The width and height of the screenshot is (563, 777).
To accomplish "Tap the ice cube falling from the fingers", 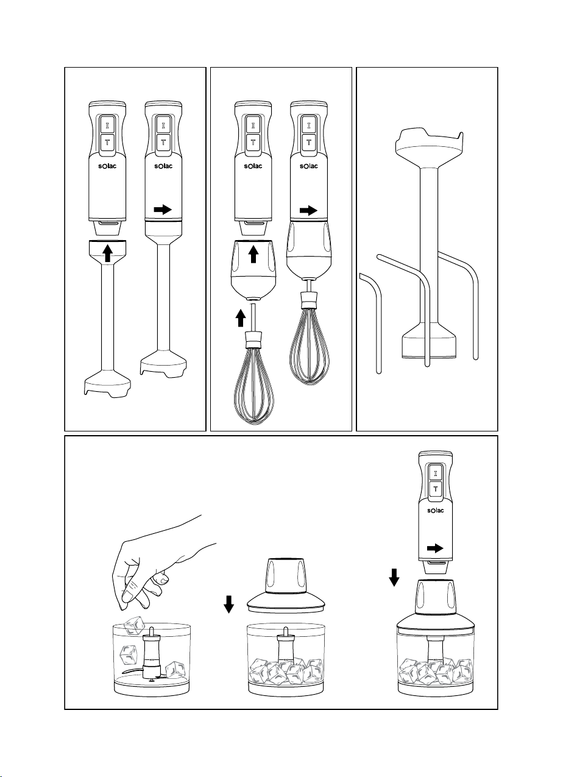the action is pos(133,625).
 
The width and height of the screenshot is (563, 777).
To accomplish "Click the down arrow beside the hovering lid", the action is pos(229,604).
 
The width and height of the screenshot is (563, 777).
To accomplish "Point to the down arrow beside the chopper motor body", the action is pos(394,576).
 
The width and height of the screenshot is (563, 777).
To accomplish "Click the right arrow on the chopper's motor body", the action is pos(435,548).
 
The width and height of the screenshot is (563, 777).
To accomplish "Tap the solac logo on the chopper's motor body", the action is pos(435,509).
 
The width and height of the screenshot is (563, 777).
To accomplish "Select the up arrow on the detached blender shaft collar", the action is pos(107,252).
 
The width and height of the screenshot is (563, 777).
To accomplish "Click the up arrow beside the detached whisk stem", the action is pos(241,318).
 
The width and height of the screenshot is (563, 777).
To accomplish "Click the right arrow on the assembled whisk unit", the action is pos(309,211).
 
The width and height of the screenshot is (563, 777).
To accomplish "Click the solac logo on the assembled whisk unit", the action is pos(309,166).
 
